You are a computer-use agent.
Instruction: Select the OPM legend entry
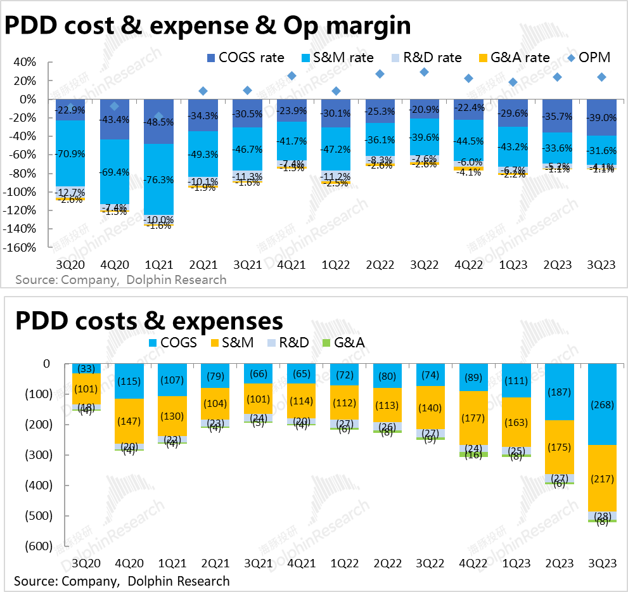click(x=588, y=58)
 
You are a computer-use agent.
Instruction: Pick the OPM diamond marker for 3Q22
click(x=424, y=72)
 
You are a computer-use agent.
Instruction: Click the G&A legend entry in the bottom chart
click(x=349, y=343)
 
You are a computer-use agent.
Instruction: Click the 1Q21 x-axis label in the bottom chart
click(x=172, y=563)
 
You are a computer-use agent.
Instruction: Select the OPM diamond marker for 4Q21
click(x=292, y=76)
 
